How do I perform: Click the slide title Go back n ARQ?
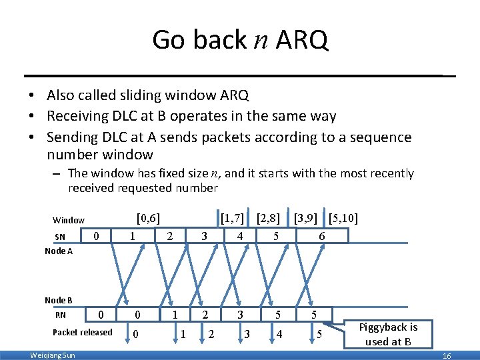point(240,40)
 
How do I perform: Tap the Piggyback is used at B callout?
point(387,335)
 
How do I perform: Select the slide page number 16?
point(447,356)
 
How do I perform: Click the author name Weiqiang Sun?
point(52,355)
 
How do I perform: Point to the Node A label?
point(59,251)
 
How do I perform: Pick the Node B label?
point(59,300)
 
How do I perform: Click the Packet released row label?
point(83,332)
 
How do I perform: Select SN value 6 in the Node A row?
point(322,236)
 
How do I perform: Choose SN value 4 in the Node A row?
point(239,236)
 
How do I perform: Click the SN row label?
point(60,237)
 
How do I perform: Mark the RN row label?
point(61,315)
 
